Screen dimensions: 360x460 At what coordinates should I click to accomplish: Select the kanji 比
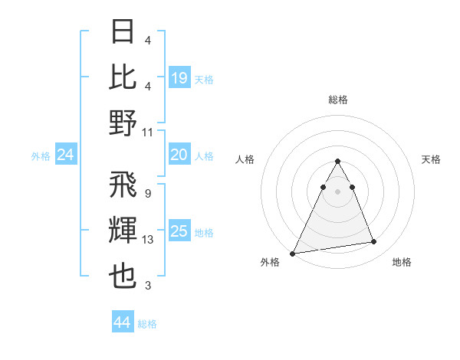click(x=123, y=77)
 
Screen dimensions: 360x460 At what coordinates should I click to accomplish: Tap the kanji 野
click(x=123, y=122)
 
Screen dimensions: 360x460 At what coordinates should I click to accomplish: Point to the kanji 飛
click(x=123, y=185)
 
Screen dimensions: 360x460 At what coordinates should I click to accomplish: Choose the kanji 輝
click(x=123, y=231)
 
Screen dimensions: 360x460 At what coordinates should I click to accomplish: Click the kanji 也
click(x=123, y=277)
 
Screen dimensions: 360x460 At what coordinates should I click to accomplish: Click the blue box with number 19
click(x=179, y=77)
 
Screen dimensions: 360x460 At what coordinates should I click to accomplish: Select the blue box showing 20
click(x=179, y=155)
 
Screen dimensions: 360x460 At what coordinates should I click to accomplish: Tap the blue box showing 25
click(x=179, y=231)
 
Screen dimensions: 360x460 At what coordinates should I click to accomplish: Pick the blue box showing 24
click(x=65, y=155)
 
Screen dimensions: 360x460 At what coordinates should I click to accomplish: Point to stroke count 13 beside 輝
click(x=147, y=241)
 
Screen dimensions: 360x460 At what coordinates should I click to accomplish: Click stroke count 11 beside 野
click(x=148, y=132)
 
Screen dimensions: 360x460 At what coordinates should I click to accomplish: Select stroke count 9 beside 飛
click(x=147, y=194)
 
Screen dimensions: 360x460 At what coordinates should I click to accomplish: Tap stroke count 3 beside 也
click(x=147, y=286)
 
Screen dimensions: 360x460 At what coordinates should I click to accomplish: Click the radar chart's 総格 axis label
click(x=338, y=100)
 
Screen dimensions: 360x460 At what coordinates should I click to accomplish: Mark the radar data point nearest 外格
click(x=293, y=253)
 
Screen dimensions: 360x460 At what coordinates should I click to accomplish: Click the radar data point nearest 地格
click(x=374, y=242)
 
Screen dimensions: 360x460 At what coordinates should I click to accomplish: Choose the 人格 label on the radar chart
click(x=245, y=159)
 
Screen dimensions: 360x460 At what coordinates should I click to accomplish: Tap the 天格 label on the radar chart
click(x=431, y=159)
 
